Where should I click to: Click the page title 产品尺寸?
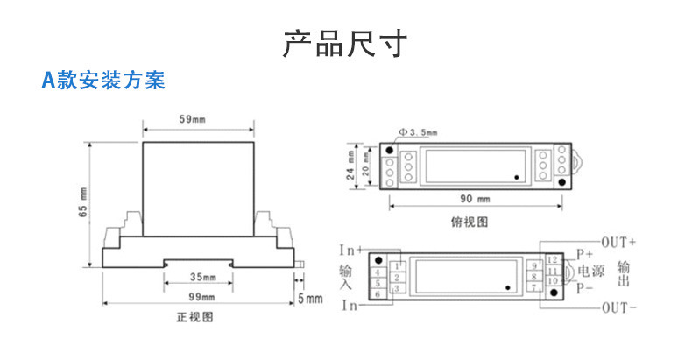pos(345,43)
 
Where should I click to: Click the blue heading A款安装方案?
pos(103,81)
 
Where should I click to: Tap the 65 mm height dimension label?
pos(82,202)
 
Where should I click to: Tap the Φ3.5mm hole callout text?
pos(417,132)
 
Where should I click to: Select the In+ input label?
pos(352,250)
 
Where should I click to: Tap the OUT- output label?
pos(618,308)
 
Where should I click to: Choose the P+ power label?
pos(585,253)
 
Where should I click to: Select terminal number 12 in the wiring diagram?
pos(553,260)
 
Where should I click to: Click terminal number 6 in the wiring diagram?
pos(377,294)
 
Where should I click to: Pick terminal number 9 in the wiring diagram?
pos(534,265)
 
